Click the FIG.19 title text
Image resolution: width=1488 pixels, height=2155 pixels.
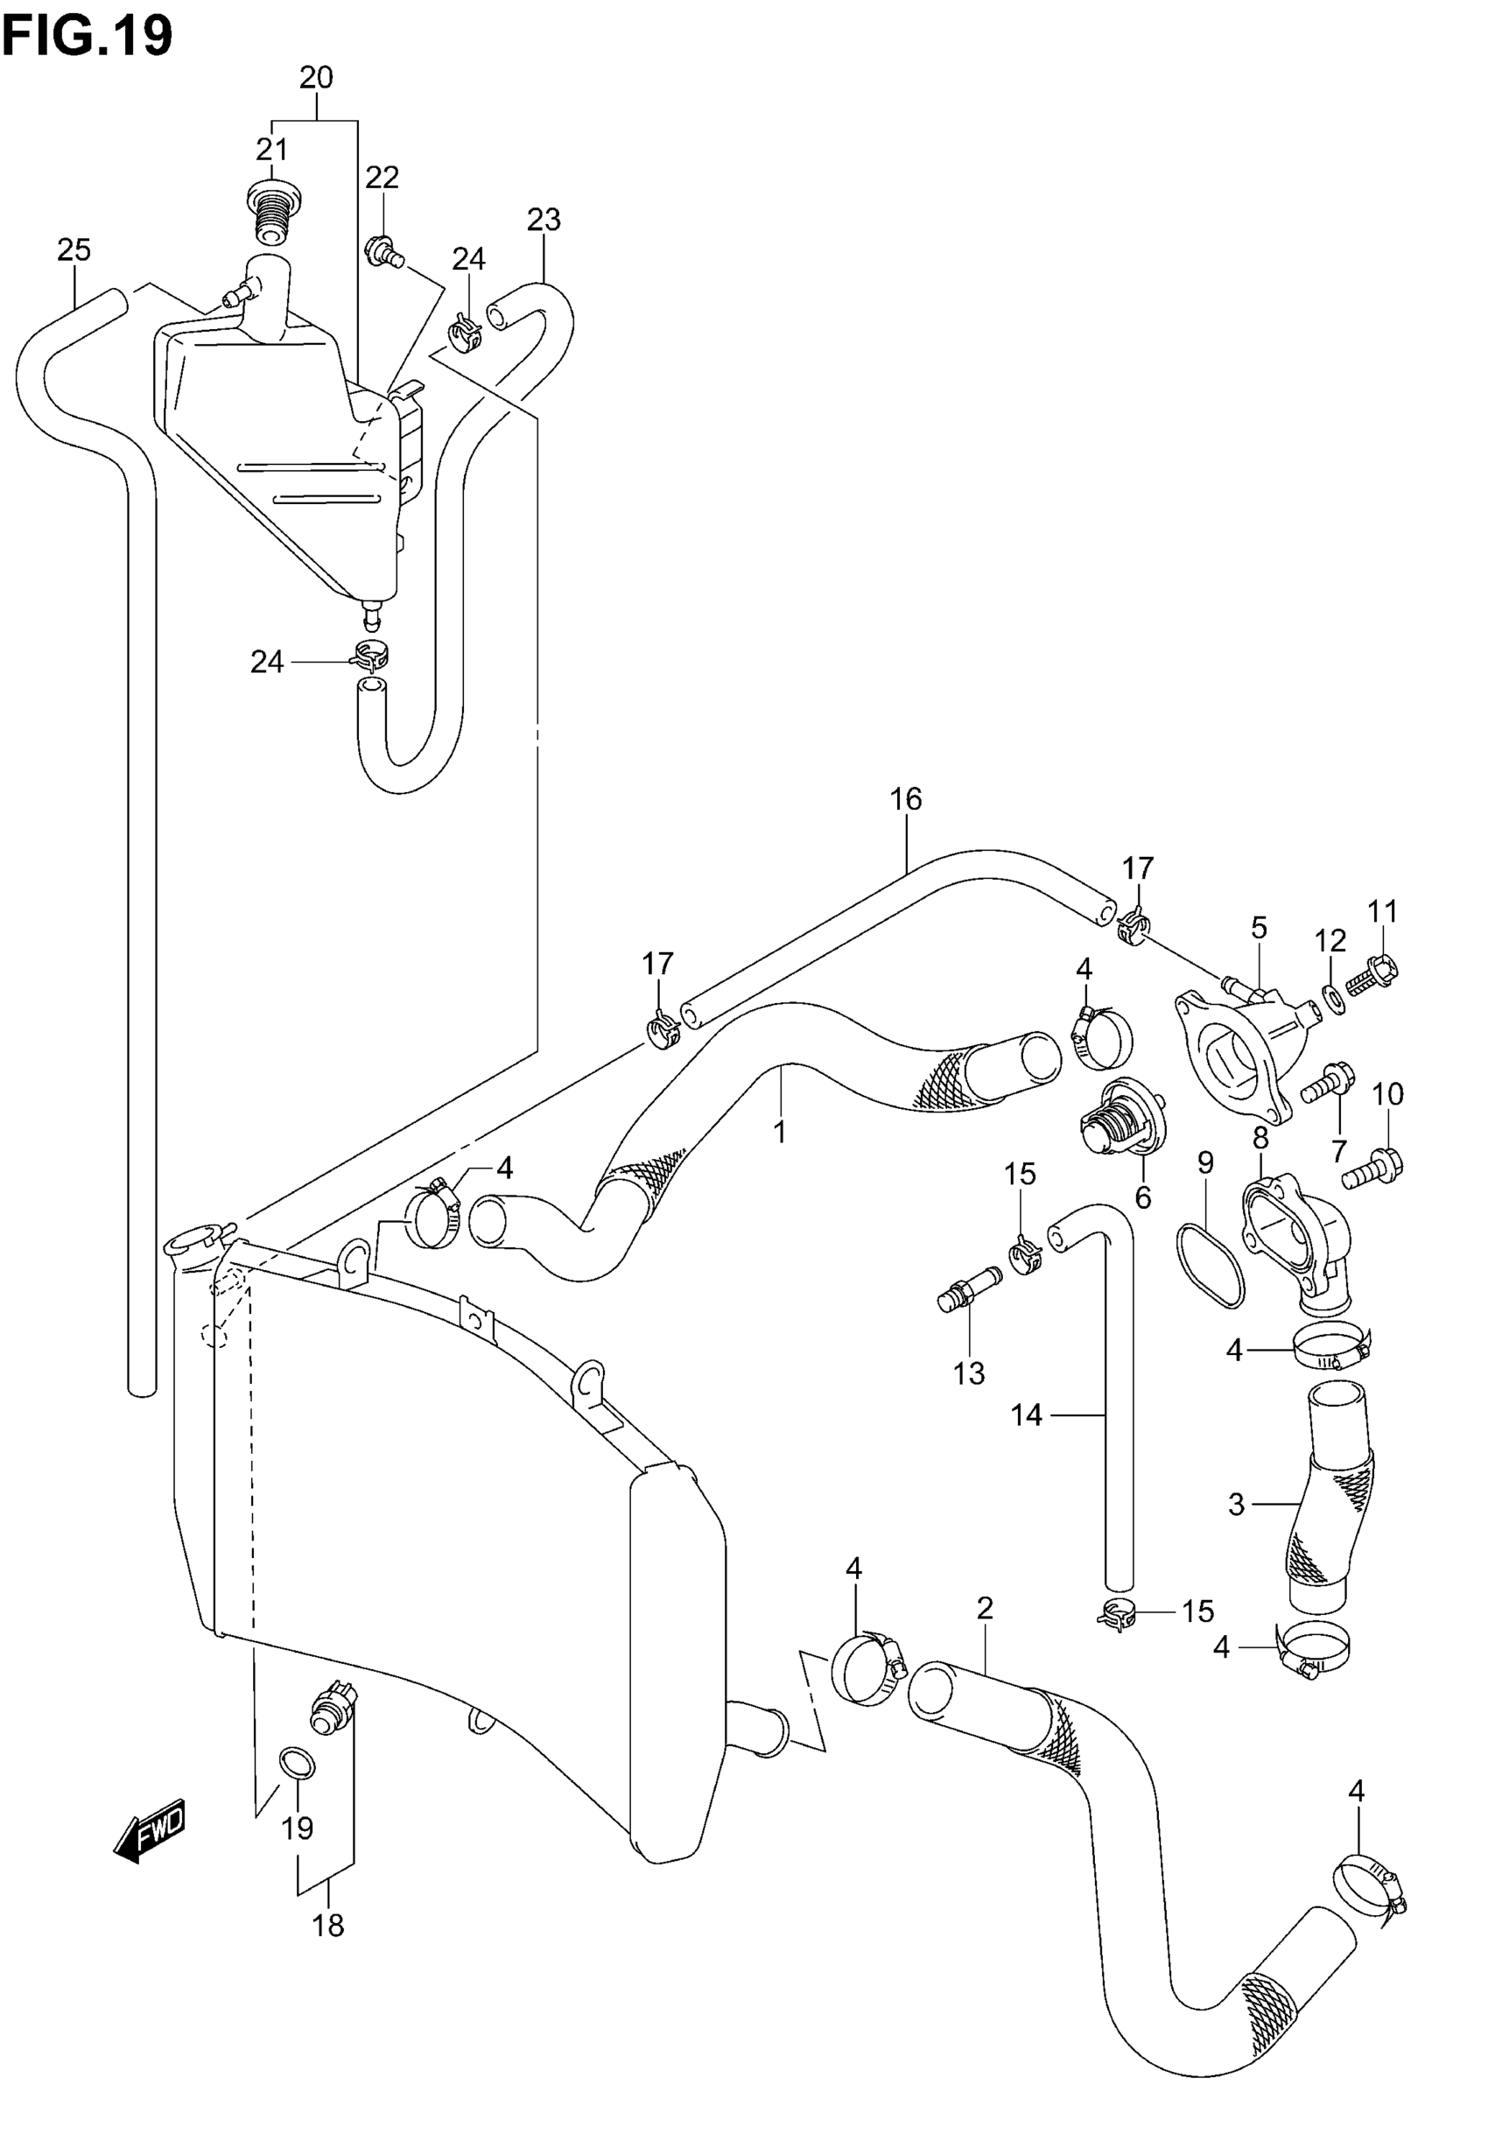tap(88, 38)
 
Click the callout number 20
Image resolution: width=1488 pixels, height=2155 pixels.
tap(316, 78)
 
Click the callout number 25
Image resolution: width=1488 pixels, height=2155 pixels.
tap(74, 249)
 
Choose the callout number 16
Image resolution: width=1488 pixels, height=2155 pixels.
tap(905, 799)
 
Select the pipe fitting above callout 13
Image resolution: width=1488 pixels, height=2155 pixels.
tap(969, 1288)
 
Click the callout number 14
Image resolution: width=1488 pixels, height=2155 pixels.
tap(1026, 1414)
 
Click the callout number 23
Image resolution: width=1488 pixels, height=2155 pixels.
tap(544, 220)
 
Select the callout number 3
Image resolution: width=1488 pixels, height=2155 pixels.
tap(1236, 1505)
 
